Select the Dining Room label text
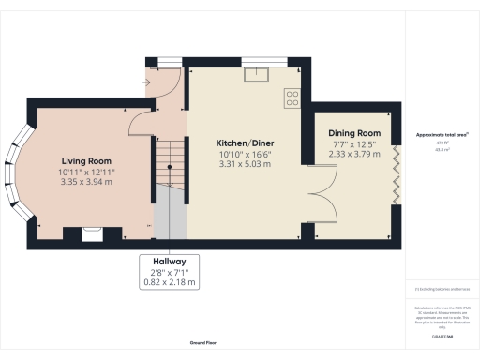click(352, 134)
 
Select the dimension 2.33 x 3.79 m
click(352, 155)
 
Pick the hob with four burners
click(292, 95)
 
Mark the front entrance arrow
click(145, 82)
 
